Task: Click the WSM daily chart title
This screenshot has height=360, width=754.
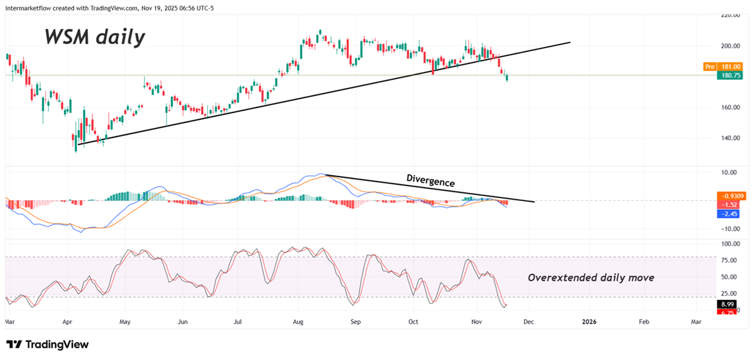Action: tap(94, 36)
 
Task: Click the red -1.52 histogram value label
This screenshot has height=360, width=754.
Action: tap(729, 205)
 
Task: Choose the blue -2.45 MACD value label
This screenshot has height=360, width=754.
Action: tap(729, 214)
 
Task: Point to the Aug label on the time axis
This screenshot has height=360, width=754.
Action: tap(298, 322)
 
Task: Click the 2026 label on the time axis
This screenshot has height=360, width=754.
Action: tap(589, 322)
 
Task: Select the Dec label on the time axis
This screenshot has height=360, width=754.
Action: tap(528, 322)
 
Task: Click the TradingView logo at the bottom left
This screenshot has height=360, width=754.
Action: tap(48, 344)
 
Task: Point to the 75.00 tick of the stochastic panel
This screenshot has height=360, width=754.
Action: tap(729, 260)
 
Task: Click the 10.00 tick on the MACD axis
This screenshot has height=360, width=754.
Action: tap(729, 172)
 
